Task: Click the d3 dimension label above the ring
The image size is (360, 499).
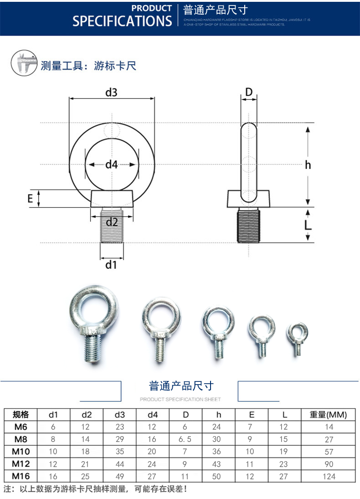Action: coord(112,93)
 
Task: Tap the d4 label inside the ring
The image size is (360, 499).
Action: coord(112,165)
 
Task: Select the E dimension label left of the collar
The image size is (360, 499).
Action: coord(30,199)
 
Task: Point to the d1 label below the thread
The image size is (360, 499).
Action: coord(112,264)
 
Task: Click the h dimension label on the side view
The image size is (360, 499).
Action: coord(308,165)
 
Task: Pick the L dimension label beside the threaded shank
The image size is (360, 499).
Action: coord(308,225)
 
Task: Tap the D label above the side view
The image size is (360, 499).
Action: coord(249,92)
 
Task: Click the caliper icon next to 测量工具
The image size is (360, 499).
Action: coord(24,64)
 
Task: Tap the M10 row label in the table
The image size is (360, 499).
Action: coord(21,452)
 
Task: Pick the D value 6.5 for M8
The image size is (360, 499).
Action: coord(185,439)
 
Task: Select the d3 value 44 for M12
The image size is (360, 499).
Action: coord(119,464)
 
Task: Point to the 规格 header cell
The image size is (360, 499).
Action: coord(21,415)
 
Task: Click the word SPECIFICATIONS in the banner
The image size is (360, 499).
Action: coord(122,21)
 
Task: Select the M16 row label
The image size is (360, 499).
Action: coord(21,476)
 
